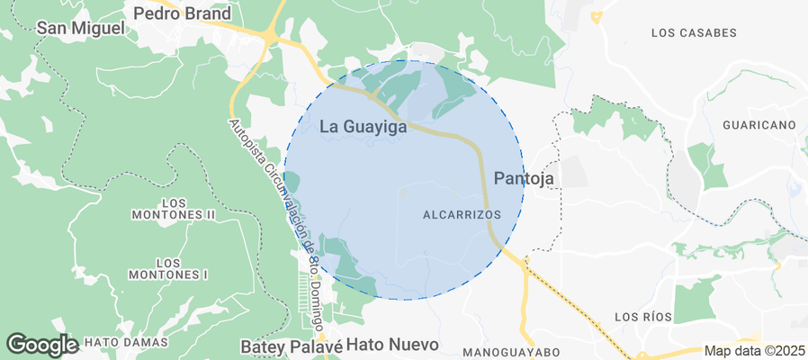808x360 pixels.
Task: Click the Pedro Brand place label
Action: pyautogui.click(x=182, y=13)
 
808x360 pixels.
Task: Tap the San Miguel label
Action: pyautogui.click(x=80, y=28)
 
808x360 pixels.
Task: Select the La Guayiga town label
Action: pyautogui.click(x=363, y=128)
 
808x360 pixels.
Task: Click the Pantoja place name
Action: pyautogui.click(x=524, y=178)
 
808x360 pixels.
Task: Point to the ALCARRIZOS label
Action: pyautogui.click(x=461, y=214)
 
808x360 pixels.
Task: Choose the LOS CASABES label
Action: pyautogui.click(x=693, y=33)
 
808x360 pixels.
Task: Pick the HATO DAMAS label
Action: pyautogui.click(x=126, y=343)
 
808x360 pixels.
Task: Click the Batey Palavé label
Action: pyautogui.click(x=292, y=346)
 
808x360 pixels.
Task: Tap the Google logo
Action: pyautogui.click(x=41, y=344)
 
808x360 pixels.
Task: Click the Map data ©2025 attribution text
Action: pyautogui.click(x=754, y=351)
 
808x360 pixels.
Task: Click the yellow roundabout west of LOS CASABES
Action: pyautogui.click(x=596, y=16)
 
